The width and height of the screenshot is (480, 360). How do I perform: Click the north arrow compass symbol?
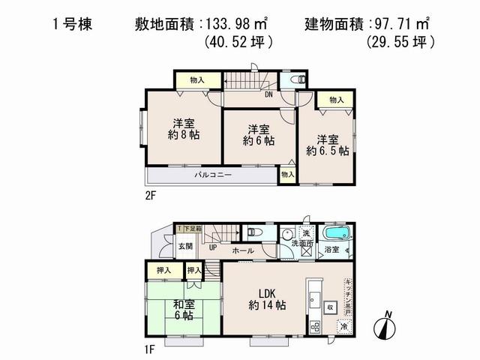tap(386, 327)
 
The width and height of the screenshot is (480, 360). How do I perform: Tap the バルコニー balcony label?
tap(214, 175)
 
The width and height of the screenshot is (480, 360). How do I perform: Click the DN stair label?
tap(267, 94)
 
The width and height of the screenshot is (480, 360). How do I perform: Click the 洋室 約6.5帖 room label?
tap(327, 145)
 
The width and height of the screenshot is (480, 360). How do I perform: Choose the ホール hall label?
tap(242, 250)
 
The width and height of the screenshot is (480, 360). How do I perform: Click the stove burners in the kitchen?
tap(315, 326)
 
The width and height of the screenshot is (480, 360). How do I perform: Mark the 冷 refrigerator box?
tap(344, 327)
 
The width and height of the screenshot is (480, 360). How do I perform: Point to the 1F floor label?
tap(149, 349)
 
